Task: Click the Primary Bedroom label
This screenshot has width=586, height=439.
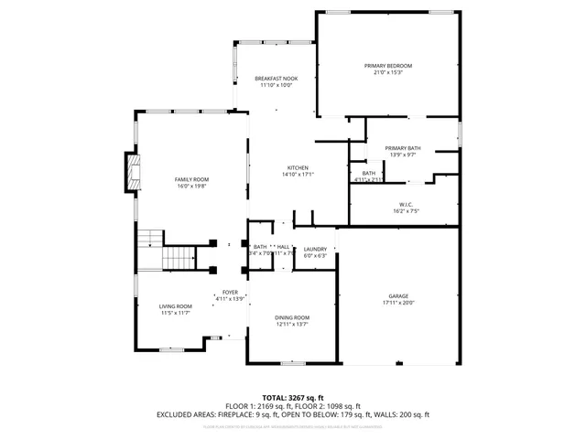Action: point(388,66)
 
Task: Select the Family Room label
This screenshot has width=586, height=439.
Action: point(192,179)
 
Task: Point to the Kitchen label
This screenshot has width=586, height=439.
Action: point(298,168)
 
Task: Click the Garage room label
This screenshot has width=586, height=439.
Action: point(398,296)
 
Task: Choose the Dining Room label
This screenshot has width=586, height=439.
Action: point(292,317)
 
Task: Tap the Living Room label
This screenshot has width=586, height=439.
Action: point(176,306)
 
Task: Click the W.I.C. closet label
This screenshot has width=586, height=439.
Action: point(407,204)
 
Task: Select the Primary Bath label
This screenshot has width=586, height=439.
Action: point(403,148)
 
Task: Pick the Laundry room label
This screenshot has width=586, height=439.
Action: point(315,249)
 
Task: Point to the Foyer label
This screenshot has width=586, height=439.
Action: point(230,292)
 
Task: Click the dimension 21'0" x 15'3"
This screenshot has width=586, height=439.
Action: point(388,73)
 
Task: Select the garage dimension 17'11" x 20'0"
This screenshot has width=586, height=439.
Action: point(398,303)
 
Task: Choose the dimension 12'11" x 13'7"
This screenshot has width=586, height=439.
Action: point(292,324)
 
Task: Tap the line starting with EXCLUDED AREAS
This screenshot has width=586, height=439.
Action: point(292,414)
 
